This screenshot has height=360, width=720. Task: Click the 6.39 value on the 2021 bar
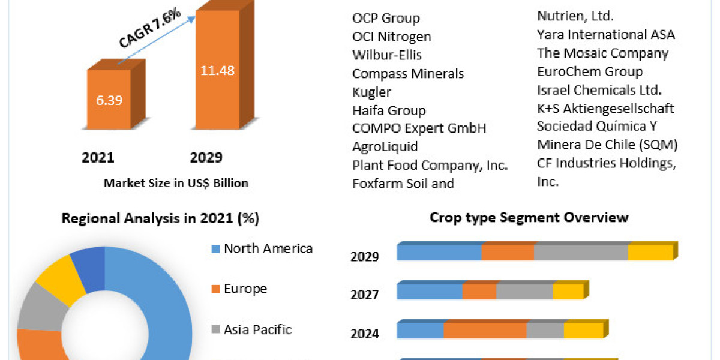109,100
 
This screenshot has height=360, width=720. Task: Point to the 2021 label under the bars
98,158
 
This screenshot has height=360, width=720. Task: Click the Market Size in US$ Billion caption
176,183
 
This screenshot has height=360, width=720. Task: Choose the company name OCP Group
386,18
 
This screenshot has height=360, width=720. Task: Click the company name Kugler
371,92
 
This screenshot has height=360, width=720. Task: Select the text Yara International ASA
605,34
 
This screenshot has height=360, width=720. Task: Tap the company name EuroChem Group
590,71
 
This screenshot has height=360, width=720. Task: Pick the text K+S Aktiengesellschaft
605,109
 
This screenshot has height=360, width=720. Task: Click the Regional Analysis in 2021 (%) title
160,219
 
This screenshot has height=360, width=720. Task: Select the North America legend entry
268,248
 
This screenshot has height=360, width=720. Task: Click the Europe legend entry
245,289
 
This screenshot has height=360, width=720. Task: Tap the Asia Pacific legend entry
257,329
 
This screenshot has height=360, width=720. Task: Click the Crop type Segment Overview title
529,217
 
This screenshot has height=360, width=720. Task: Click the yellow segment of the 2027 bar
568,292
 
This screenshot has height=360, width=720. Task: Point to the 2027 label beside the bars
365,295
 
